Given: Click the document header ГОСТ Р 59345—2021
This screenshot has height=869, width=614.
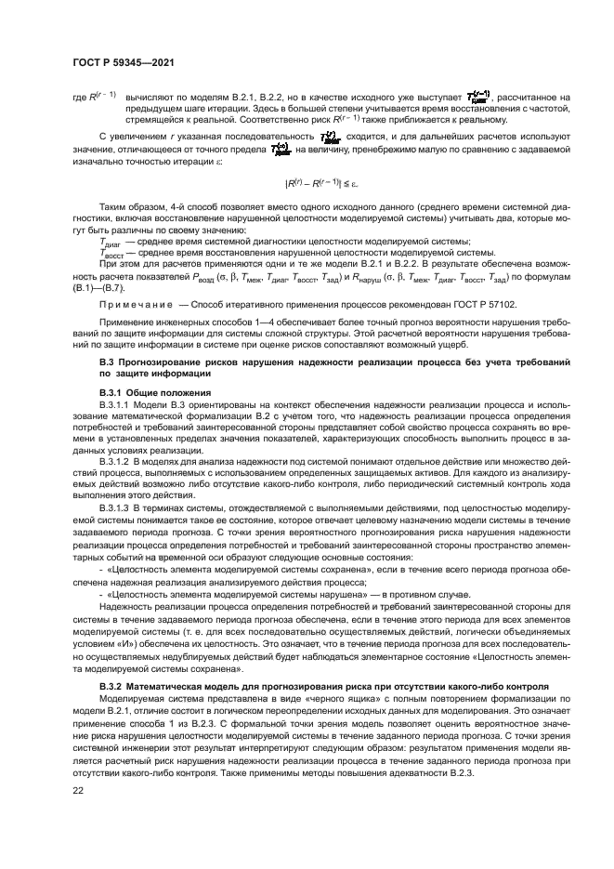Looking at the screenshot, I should (124, 63).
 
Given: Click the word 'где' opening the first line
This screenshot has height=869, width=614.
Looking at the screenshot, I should (80, 96).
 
